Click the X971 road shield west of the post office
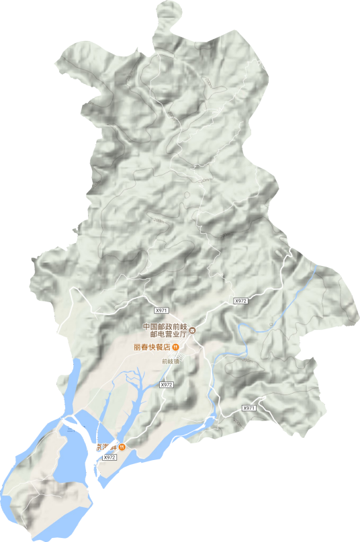(160, 310)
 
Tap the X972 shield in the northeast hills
(241, 302)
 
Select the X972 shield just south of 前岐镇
(167, 385)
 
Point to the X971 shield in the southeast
(249, 408)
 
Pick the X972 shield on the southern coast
(110, 457)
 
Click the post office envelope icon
(192, 330)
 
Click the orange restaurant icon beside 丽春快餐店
(175, 347)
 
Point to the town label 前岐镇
(171, 361)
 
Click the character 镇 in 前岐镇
(178, 361)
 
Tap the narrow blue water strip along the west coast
(73, 383)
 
